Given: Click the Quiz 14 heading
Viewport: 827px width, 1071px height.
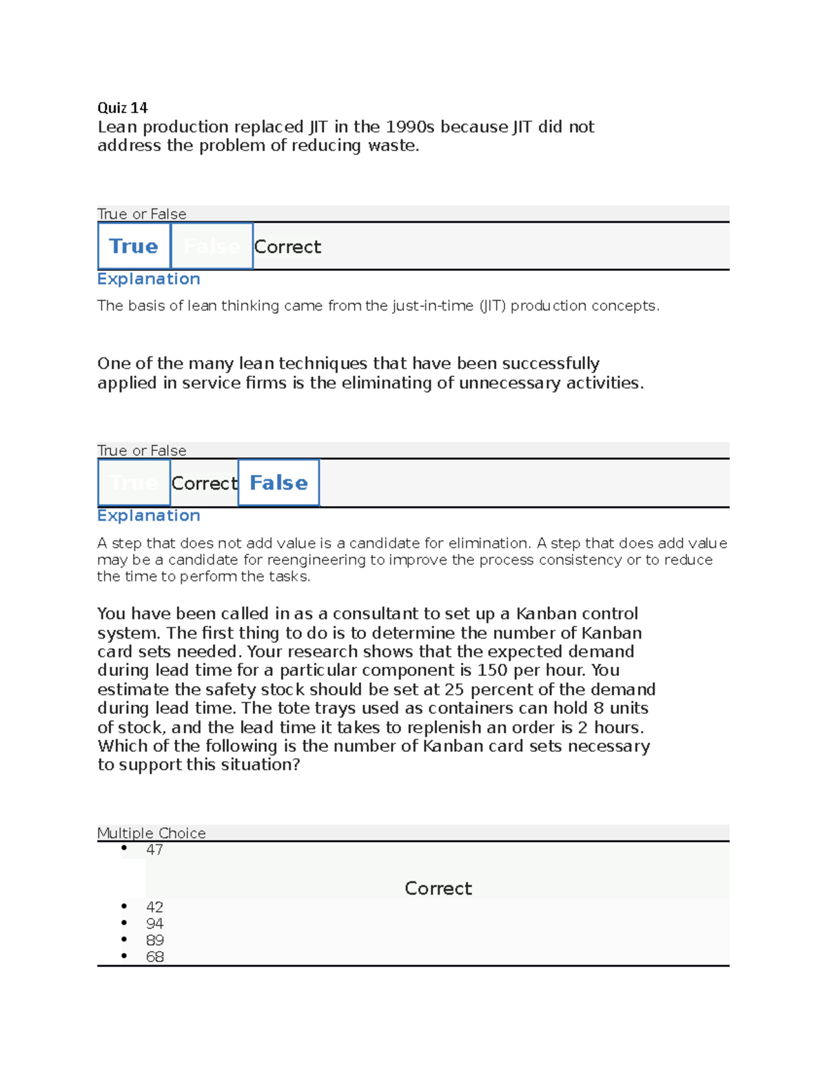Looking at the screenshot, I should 122,108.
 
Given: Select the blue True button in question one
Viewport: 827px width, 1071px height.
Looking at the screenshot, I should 134,246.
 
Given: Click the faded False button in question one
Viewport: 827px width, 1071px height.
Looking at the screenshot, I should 212,246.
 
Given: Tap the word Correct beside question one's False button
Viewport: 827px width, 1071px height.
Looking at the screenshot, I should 287,247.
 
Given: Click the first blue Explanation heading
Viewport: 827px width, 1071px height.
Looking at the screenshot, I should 149,279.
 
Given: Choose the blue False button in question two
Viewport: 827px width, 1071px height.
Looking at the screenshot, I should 278,483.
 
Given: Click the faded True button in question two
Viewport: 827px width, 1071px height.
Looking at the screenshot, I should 134,483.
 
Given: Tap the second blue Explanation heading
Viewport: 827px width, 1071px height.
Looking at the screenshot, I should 149,515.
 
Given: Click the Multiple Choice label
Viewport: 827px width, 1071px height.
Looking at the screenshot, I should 152,833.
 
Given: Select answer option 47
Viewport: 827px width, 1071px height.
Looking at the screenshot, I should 154,850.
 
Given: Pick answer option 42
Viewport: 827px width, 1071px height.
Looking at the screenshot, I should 154,907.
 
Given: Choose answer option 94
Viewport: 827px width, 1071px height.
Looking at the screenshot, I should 154,923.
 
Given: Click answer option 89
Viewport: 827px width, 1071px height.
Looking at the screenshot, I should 154,940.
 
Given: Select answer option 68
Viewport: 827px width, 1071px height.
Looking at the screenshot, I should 154,957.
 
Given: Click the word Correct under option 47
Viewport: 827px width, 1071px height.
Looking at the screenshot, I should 438,888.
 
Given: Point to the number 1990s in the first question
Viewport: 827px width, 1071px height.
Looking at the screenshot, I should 410,127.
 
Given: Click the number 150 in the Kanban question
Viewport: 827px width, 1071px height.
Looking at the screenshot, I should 493,670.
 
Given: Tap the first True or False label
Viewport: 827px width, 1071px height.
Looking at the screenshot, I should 142,214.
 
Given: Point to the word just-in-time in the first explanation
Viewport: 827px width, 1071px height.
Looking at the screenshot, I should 433,306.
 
